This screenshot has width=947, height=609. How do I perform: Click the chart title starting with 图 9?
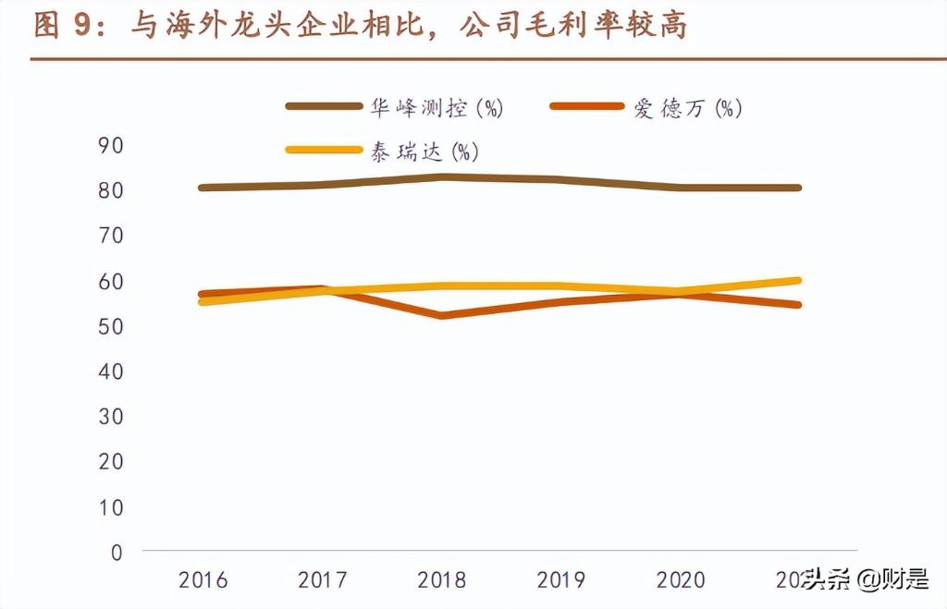361,26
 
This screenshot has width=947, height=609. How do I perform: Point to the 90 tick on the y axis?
110,145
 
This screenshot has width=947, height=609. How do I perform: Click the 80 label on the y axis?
110,190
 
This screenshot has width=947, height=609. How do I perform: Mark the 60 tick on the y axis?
110,281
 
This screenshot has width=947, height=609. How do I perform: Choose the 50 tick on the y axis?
110,326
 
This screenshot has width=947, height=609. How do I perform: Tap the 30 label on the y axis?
110,417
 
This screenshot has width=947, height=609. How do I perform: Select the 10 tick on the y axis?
110,507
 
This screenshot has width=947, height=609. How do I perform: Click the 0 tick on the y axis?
117,553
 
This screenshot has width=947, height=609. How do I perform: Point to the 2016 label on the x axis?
203,580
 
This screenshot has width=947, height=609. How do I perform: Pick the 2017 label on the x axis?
323,580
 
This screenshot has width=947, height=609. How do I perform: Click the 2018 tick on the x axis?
442,580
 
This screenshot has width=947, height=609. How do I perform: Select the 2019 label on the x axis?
561,580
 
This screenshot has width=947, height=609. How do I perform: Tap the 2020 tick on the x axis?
681,580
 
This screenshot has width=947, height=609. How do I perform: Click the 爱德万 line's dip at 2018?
442,316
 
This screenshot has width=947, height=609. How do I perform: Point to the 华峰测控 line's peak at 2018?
442,177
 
